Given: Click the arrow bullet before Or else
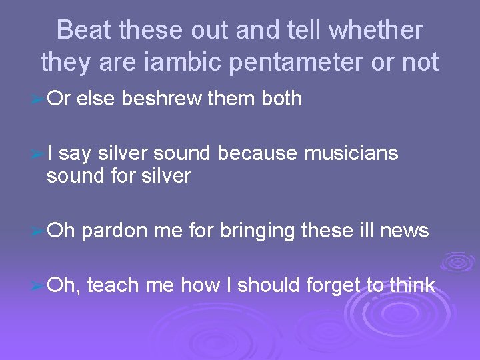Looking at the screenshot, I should coord(39,100).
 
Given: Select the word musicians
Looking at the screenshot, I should coord(351,154).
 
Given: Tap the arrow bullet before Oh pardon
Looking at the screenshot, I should coord(39,232).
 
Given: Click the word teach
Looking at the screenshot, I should coord(113,285).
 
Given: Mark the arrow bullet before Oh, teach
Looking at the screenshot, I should coord(39,287).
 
